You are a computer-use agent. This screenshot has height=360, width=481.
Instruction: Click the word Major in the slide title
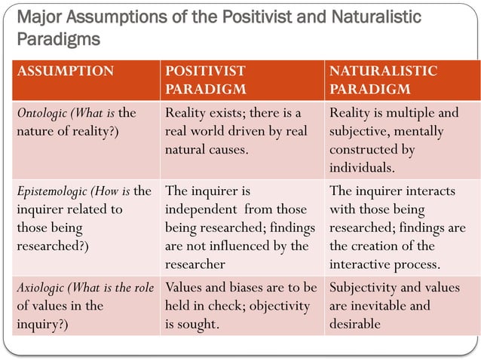(x=38, y=17)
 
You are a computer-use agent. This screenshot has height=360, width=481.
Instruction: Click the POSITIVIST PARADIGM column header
(x=205, y=80)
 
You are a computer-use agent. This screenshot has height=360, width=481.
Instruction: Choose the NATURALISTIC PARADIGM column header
(x=382, y=80)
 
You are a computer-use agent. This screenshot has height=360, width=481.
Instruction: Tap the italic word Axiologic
(x=43, y=287)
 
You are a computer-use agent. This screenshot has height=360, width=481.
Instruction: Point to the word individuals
(x=361, y=167)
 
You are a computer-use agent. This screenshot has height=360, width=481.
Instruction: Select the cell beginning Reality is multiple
(x=397, y=140)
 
